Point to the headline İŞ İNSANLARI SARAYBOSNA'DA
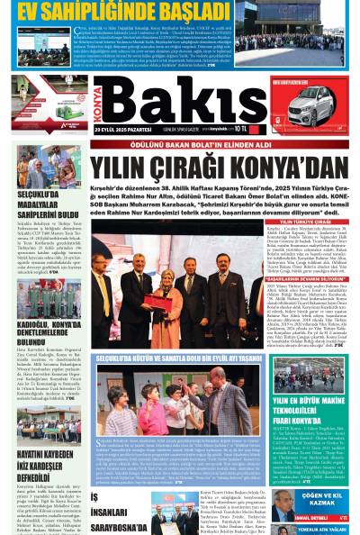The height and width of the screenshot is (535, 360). point(117,509)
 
